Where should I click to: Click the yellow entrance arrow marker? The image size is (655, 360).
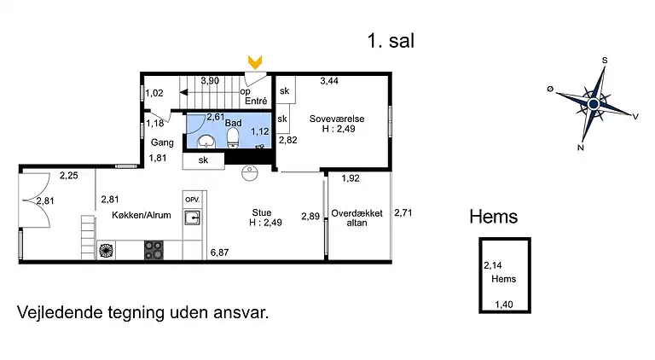tap(254, 61)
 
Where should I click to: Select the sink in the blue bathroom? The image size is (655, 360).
tap(206, 140)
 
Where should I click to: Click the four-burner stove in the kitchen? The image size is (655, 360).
tap(154, 250)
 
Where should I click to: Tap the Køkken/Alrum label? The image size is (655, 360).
tap(136, 215)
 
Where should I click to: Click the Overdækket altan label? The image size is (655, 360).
tap(356, 218)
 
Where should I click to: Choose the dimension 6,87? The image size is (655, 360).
tap(221, 253)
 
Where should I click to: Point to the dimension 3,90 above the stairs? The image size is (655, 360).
tap(210, 81)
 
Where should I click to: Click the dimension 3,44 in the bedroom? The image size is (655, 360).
tap(329, 81)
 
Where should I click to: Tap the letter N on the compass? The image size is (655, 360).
tap(581, 147)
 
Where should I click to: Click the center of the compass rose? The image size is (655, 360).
tap(593, 104)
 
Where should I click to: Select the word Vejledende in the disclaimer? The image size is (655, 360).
tap(54, 312)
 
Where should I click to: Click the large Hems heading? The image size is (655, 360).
tap(493, 217)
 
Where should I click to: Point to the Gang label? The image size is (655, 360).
tap(162, 142)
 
